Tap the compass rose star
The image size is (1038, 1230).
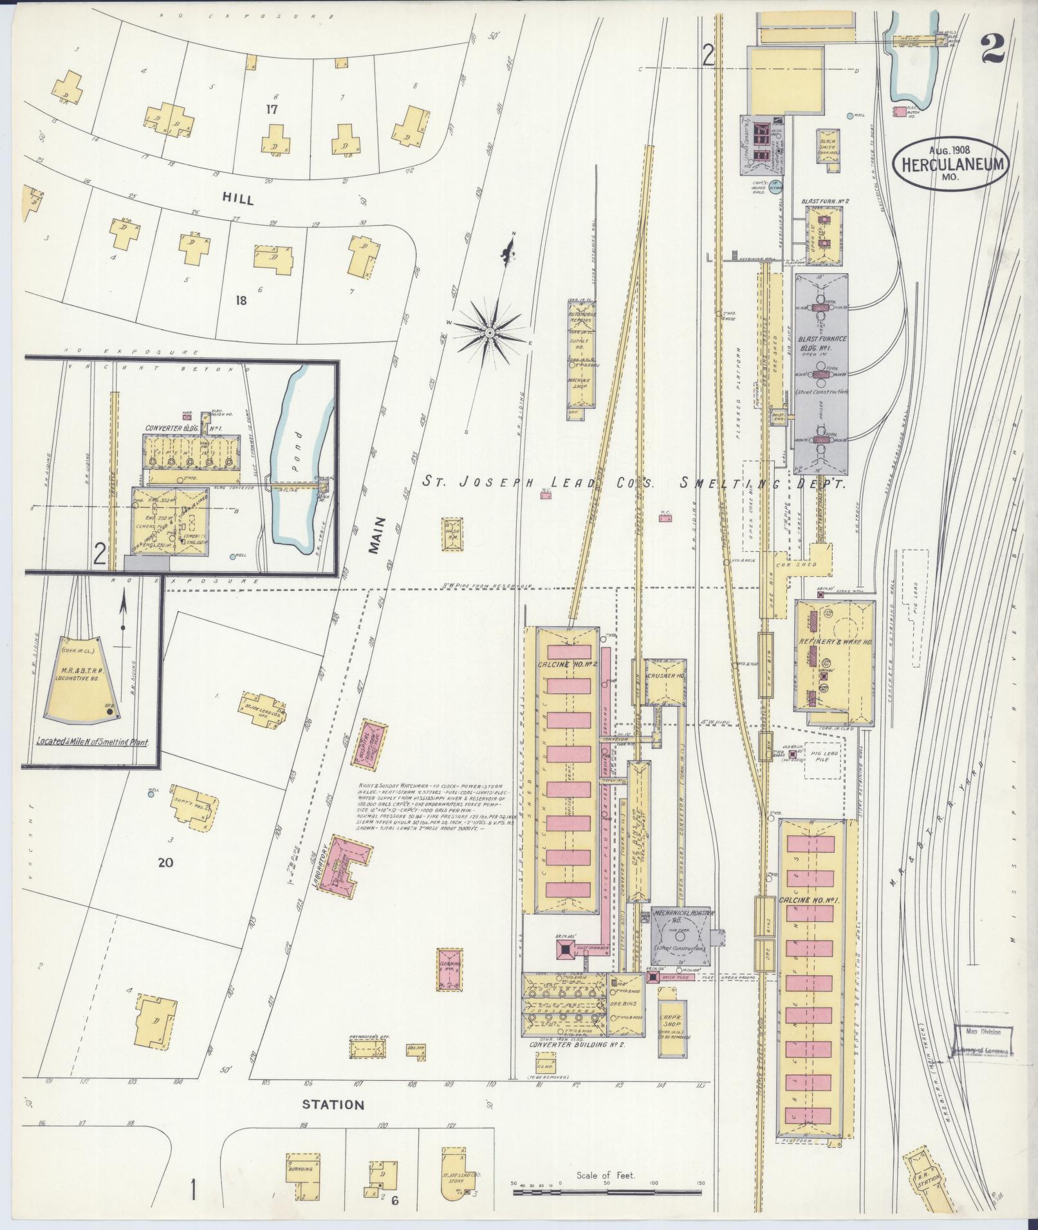[x=489, y=332]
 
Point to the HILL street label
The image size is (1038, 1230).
[x=238, y=199]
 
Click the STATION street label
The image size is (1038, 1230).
[x=333, y=1105]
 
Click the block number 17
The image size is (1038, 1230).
[x=272, y=109]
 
